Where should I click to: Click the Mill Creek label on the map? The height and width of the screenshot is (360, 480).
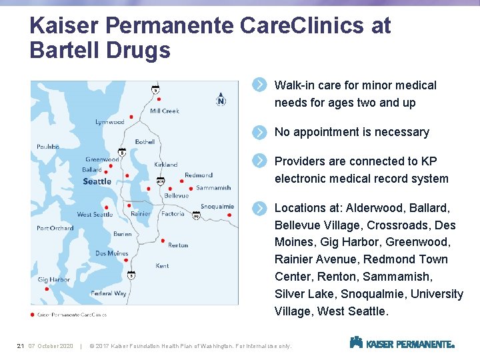(x=165, y=111)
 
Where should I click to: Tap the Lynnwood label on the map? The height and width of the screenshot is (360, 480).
(x=110, y=122)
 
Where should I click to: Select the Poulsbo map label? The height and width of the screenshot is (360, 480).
(x=48, y=147)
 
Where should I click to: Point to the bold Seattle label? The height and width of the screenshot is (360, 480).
(x=97, y=181)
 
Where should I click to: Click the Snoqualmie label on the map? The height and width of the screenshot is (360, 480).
(x=217, y=207)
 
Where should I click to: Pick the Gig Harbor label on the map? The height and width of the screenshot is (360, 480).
(x=54, y=280)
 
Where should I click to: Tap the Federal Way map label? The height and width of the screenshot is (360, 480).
(x=109, y=293)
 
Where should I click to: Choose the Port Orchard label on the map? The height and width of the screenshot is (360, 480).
(x=55, y=228)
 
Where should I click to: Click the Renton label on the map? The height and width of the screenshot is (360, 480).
(x=178, y=245)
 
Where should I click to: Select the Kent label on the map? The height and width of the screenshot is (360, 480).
(x=162, y=266)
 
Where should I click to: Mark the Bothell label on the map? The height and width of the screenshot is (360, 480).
(x=145, y=142)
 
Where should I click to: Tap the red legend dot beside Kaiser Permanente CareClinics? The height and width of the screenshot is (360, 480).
(x=33, y=314)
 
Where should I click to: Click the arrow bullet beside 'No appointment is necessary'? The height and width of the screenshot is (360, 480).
(x=260, y=132)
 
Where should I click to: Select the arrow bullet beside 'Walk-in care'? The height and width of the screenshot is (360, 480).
(x=260, y=85)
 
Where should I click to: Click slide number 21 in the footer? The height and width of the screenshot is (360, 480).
(x=20, y=345)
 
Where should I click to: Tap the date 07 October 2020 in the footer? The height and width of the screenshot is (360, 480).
(x=51, y=345)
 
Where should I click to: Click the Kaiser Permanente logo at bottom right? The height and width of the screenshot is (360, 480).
(x=402, y=343)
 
